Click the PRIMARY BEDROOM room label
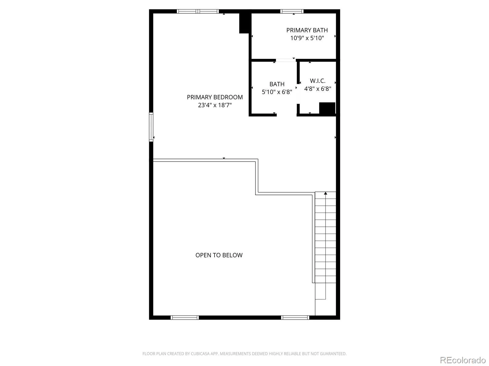[x=215, y=97]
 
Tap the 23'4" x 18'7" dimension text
[x=215, y=105]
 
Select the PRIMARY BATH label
[x=307, y=30]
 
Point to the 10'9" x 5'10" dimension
[x=307, y=38]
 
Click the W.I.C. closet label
[x=318, y=81]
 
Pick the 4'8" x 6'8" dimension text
[x=318, y=89]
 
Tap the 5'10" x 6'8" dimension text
[x=277, y=92]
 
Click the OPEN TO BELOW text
[x=219, y=255]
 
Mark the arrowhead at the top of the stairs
[x=325, y=193]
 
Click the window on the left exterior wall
[x=151, y=127]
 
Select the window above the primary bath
[x=292, y=11]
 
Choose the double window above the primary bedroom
[x=198, y=11]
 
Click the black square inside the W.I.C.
[x=327, y=108]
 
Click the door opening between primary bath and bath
[x=285, y=60]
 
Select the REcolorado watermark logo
[x=463, y=360]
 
